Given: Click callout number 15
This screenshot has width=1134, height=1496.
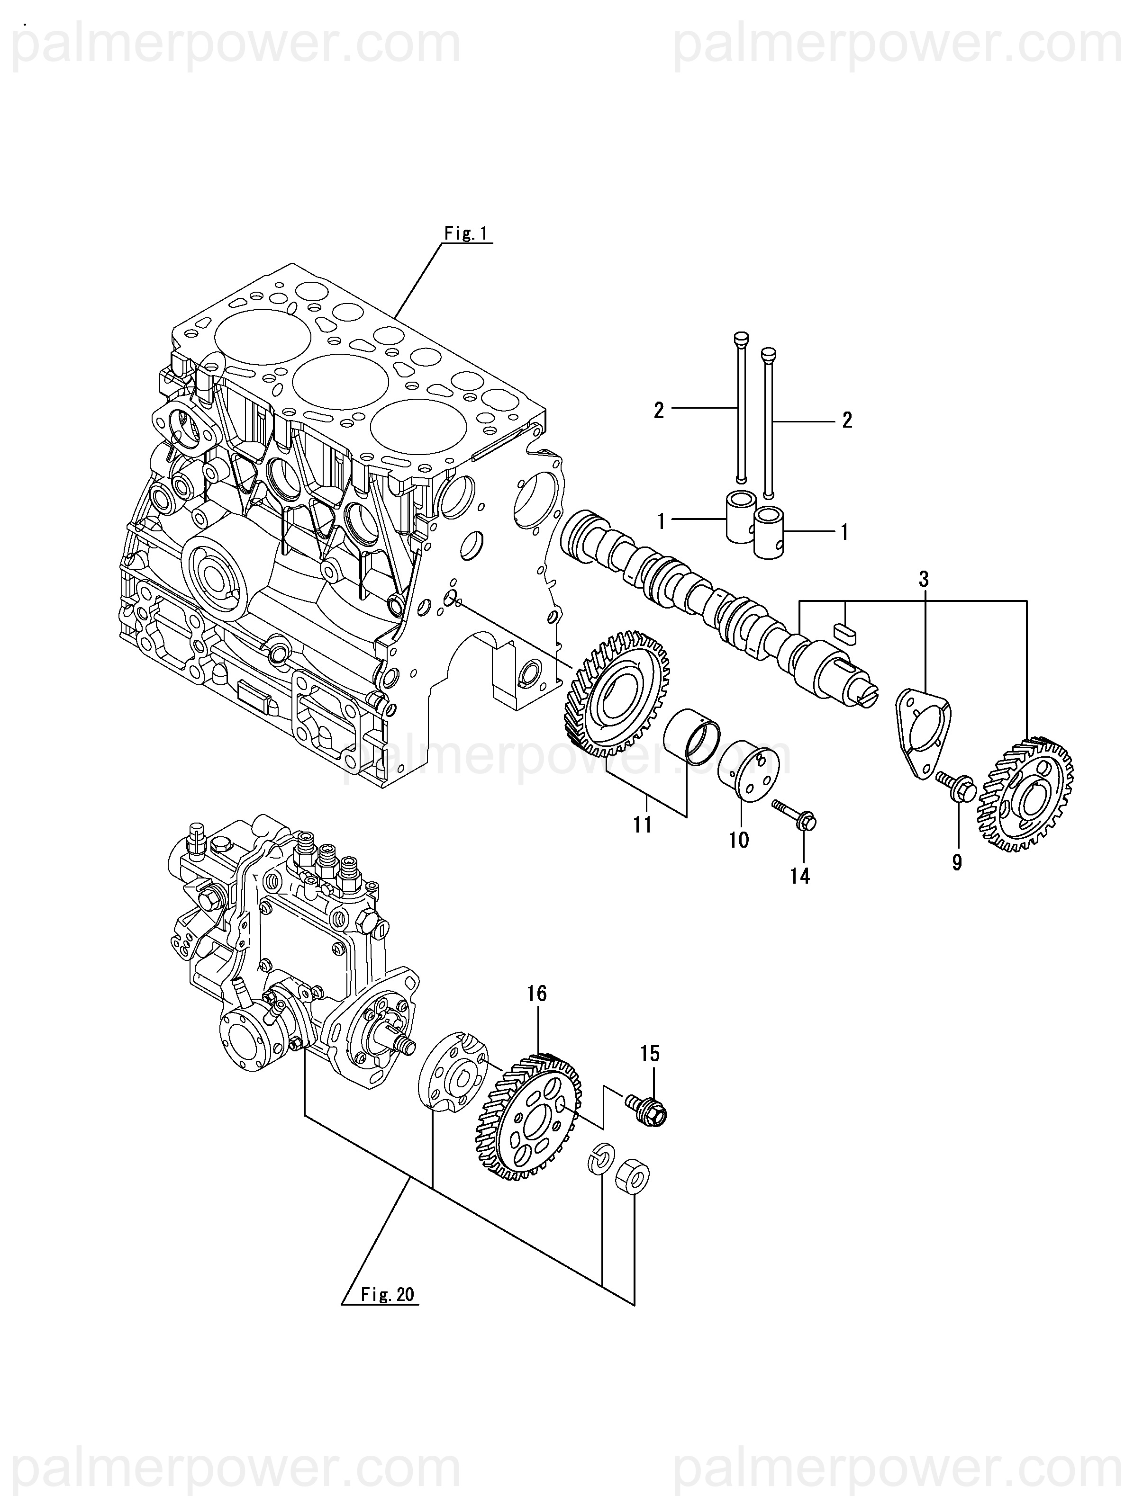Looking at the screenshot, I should coord(650,1053).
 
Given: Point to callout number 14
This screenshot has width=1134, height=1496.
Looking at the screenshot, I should coord(800,877).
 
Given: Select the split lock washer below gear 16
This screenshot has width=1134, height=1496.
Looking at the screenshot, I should coord(600,1160).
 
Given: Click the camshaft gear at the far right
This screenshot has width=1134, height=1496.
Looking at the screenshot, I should coord(1026,796).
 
